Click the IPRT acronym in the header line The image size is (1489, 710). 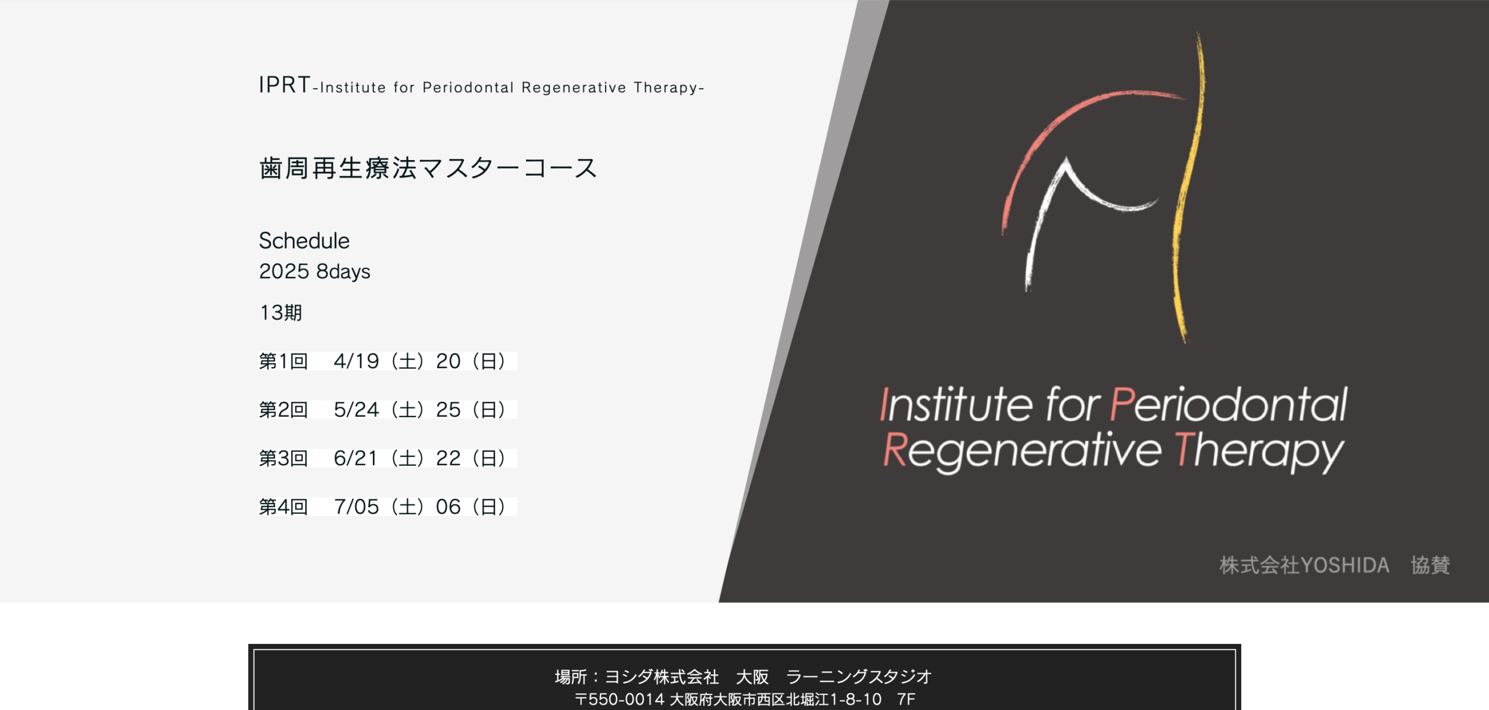[284, 85]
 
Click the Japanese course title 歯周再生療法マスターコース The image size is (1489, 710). [428, 168]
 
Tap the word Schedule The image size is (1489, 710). [304, 241]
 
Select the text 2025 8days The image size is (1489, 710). [314, 271]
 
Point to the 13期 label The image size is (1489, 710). [281, 313]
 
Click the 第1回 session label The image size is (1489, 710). [283, 361]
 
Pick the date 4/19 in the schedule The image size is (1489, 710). [356, 361]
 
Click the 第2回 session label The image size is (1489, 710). [283, 410]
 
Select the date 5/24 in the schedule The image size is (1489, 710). [356, 410]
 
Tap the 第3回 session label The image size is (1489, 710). [283, 458]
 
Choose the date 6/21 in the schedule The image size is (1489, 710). [356, 458]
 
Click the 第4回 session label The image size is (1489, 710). [283, 507]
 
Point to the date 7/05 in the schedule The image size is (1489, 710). [356, 507]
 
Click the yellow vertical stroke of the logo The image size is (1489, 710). [1186, 190]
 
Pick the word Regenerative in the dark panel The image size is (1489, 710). [1021, 451]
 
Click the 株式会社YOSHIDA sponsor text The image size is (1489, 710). [1304, 565]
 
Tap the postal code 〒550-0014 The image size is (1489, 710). [619, 699]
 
